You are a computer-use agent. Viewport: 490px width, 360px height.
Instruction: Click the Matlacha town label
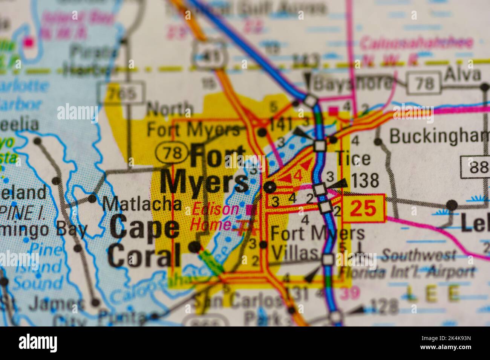(142, 204)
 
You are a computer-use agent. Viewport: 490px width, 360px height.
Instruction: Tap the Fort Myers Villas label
(317, 243)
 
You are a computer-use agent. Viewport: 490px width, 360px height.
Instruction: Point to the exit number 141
(280, 123)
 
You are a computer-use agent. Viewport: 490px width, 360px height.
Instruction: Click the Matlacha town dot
(92, 198)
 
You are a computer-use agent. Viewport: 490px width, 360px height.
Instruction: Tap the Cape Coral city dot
(194, 247)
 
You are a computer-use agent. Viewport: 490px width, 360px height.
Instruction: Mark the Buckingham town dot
(378, 142)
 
